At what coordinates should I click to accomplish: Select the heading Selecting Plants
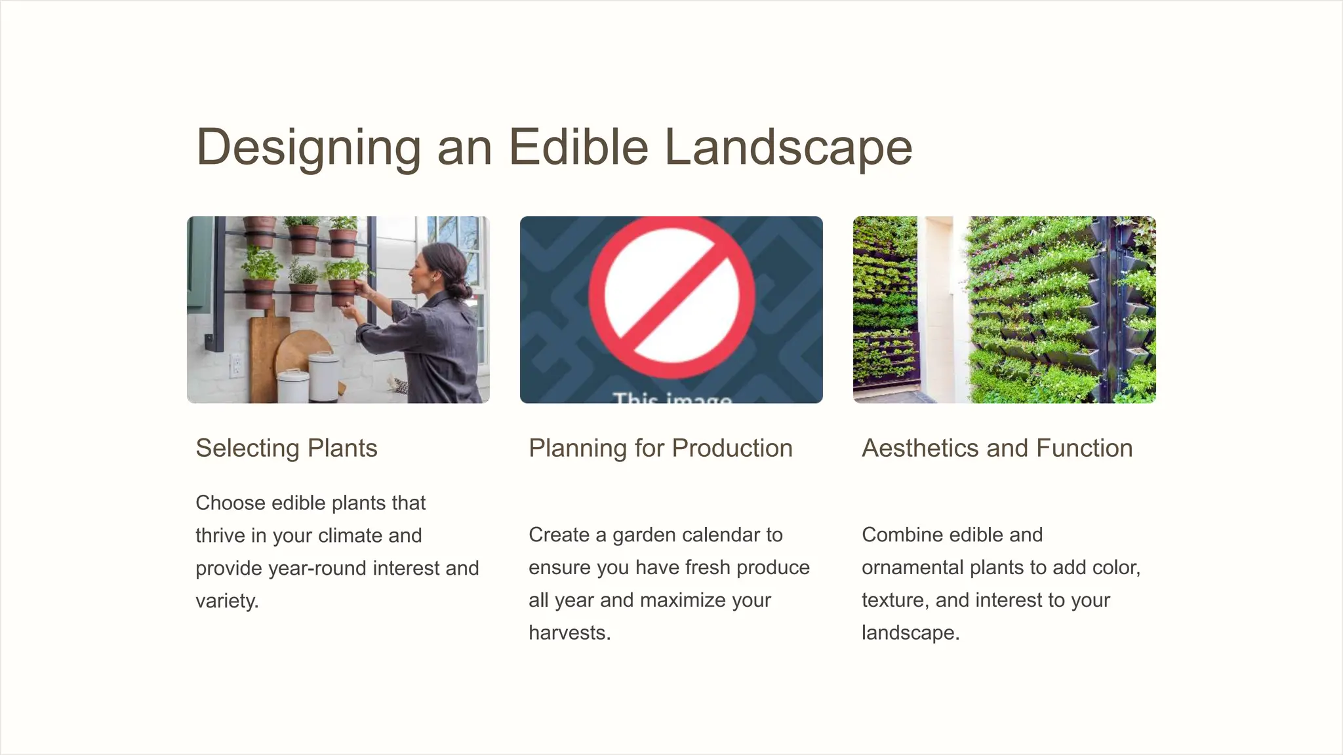[287, 448]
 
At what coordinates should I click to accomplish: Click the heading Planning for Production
[660, 448]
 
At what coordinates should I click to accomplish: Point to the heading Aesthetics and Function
[997, 448]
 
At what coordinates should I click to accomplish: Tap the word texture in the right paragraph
[893, 600]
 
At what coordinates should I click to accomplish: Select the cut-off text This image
[672, 397]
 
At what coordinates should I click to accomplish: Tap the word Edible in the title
[578, 147]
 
